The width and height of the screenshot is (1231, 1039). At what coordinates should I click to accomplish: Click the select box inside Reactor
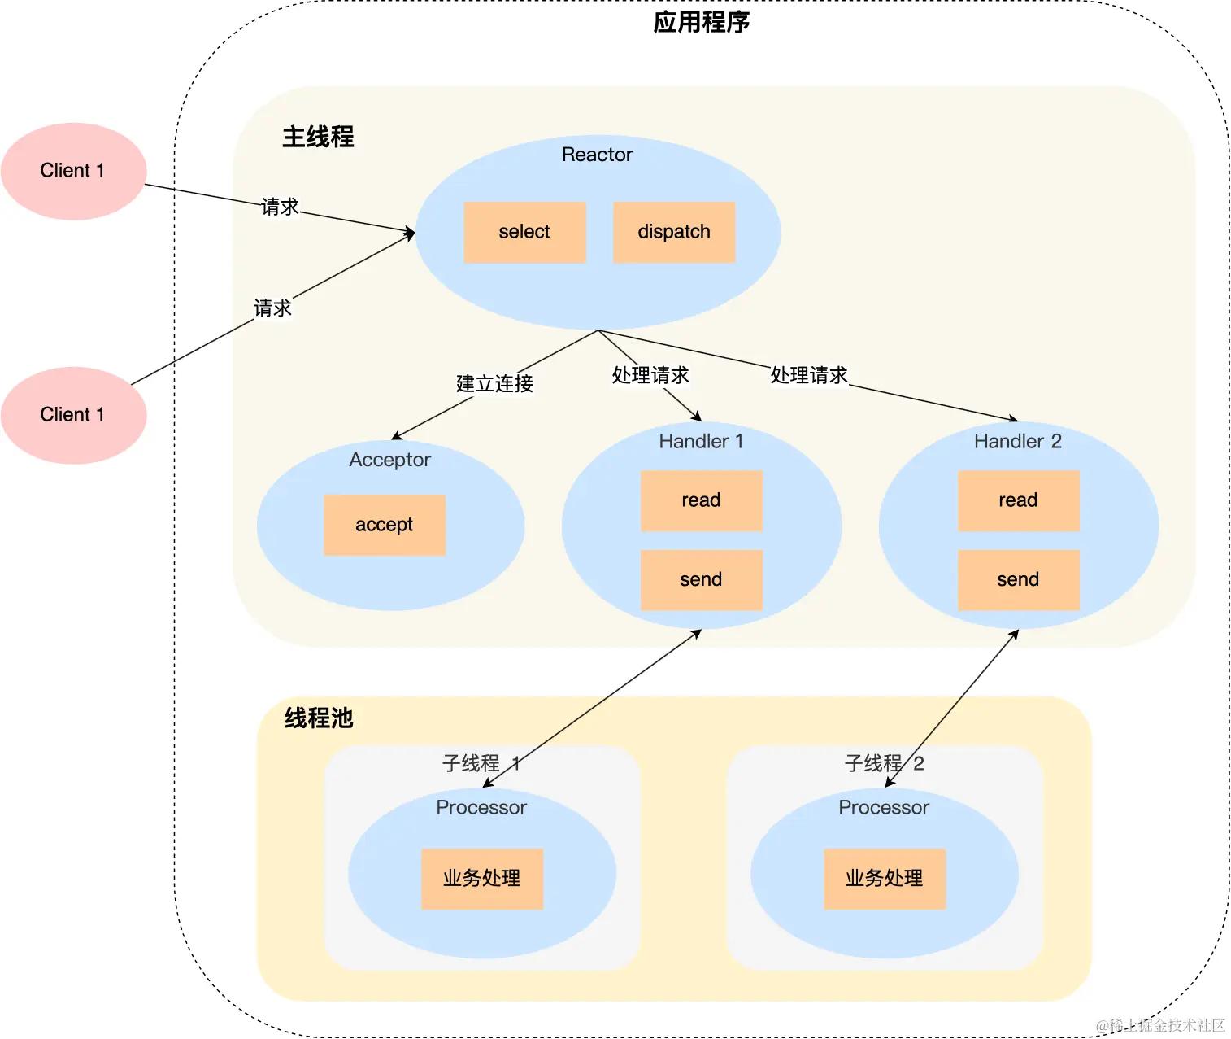tap(524, 232)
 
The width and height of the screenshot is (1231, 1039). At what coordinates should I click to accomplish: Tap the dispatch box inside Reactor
tap(674, 232)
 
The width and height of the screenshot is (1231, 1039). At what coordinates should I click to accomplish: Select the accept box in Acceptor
tap(385, 525)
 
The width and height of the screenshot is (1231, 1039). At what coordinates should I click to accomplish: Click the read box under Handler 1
tap(701, 500)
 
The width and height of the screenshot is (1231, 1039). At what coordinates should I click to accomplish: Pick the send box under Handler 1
tap(701, 579)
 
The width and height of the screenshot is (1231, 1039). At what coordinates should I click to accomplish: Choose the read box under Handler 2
tap(1018, 500)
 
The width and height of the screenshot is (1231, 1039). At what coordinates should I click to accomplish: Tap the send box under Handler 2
tap(1018, 579)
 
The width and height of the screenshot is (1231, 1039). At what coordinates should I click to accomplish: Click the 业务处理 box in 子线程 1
tap(481, 879)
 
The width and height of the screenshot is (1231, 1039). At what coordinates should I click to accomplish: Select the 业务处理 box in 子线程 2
tap(885, 879)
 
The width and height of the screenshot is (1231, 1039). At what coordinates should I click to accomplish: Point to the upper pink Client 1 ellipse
tap(73, 171)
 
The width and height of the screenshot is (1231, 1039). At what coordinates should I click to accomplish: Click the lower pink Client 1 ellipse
tap(73, 415)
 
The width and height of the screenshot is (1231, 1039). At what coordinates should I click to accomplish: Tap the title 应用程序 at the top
tap(701, 23)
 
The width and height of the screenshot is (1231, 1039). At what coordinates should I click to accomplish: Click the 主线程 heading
tap(318, 137)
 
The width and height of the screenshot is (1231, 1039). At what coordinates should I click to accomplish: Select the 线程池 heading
tap(319, 718)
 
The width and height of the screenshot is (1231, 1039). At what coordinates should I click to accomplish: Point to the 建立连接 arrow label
tap(494, 383)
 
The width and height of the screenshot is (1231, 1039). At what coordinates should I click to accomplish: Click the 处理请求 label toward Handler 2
tap(808, 374)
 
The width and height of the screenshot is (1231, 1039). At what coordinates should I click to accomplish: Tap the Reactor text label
tap(598, 155)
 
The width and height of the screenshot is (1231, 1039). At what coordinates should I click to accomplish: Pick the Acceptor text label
tap(389, 460)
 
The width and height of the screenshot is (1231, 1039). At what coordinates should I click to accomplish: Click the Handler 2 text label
tap(1018, 441)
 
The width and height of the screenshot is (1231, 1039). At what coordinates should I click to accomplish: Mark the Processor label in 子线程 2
tap(884, 807)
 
